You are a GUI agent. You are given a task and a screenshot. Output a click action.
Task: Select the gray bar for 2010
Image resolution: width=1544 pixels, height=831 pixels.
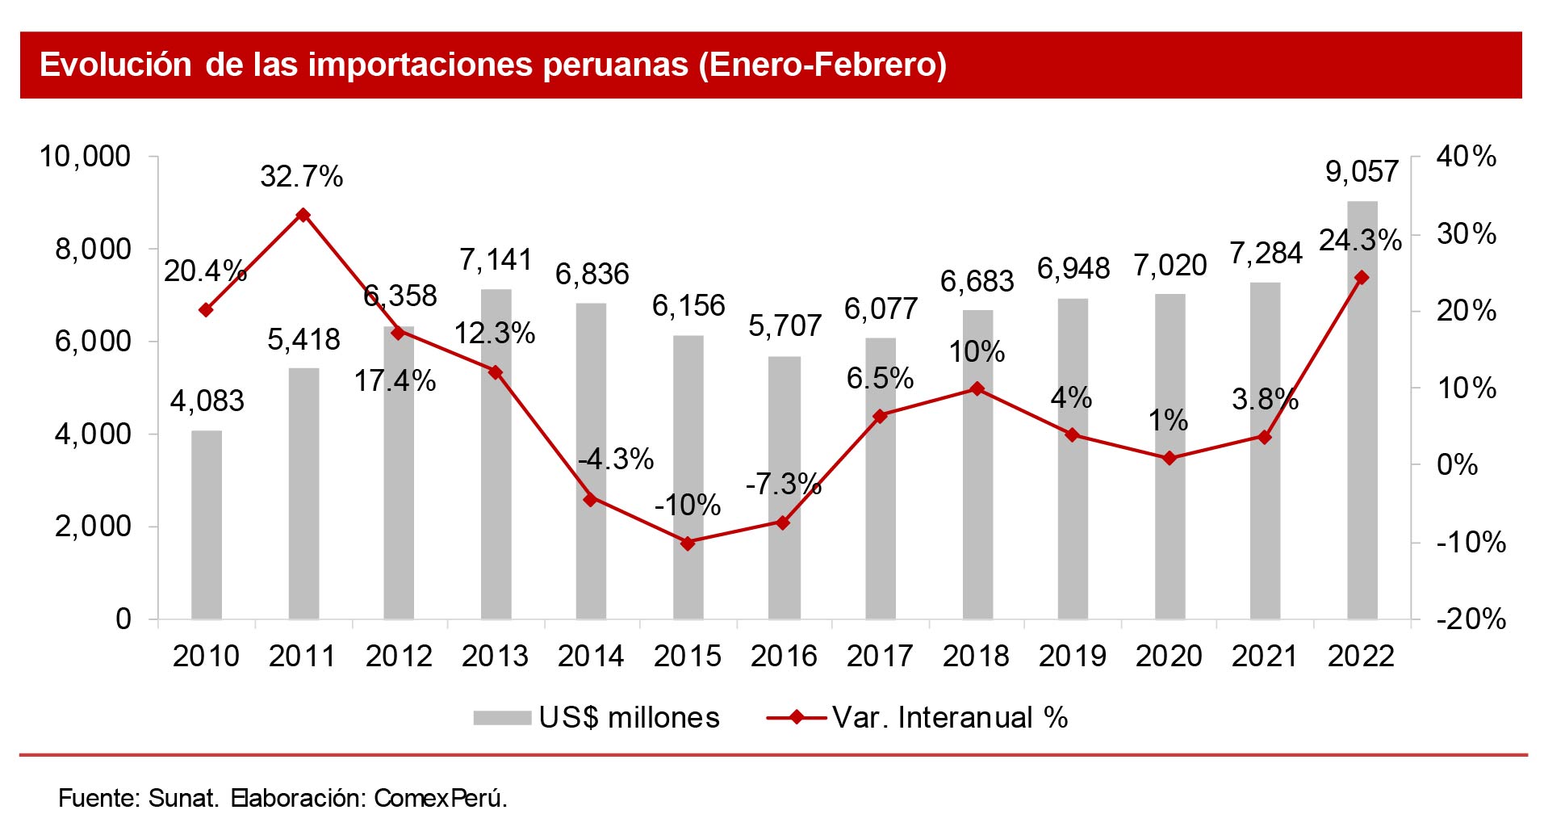point(207,525)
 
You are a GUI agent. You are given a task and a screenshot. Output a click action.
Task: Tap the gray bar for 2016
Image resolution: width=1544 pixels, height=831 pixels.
point(784,488)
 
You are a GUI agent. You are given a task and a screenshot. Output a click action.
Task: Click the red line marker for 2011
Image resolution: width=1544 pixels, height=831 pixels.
point(303,215)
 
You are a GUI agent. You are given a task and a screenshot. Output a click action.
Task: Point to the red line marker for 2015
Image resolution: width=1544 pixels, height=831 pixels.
point(688,544)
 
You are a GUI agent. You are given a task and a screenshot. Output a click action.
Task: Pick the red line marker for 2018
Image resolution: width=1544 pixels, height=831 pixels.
point(977,388)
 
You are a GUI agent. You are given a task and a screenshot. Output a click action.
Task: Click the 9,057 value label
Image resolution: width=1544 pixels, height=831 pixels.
point(1362,172)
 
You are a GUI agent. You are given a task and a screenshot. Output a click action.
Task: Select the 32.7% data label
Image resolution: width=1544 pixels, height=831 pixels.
point(302,177)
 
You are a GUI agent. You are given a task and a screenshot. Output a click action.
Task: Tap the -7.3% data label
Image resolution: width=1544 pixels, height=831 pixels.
point(783,485)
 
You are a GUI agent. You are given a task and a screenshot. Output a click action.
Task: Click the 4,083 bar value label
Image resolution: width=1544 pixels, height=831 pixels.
point(207,401)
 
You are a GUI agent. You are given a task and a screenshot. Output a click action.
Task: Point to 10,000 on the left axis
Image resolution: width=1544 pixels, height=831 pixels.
point(85,157)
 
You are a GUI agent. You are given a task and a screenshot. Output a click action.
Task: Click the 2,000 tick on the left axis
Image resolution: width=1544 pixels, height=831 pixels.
point(92,527)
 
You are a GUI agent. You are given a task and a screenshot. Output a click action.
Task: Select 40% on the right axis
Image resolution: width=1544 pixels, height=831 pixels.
point(1466,157)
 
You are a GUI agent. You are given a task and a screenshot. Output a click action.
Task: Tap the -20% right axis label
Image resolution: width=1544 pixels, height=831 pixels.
point(1471,619)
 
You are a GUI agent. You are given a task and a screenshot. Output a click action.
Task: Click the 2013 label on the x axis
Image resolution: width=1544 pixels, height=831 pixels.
point(495,657)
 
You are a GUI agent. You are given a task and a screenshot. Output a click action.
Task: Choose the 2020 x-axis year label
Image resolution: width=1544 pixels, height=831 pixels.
point(1169,657)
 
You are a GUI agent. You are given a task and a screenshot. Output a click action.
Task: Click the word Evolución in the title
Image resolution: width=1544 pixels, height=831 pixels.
point(115,65)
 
